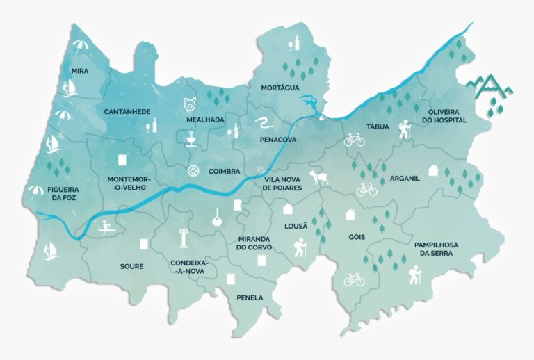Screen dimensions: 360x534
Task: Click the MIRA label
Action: click(80, 71)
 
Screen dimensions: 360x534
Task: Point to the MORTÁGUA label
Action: click(280, 88)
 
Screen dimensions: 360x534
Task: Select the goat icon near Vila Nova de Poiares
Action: click(322, 179)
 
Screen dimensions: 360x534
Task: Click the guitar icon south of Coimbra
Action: click(216, 218)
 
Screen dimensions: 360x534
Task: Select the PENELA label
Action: click(250, 297)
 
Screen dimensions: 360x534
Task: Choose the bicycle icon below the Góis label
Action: click(355, 279)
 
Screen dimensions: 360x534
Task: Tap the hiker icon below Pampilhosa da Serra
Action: click(414, 277)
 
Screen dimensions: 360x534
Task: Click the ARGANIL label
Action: click(405, 179)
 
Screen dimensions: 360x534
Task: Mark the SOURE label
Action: click(131, 266)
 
